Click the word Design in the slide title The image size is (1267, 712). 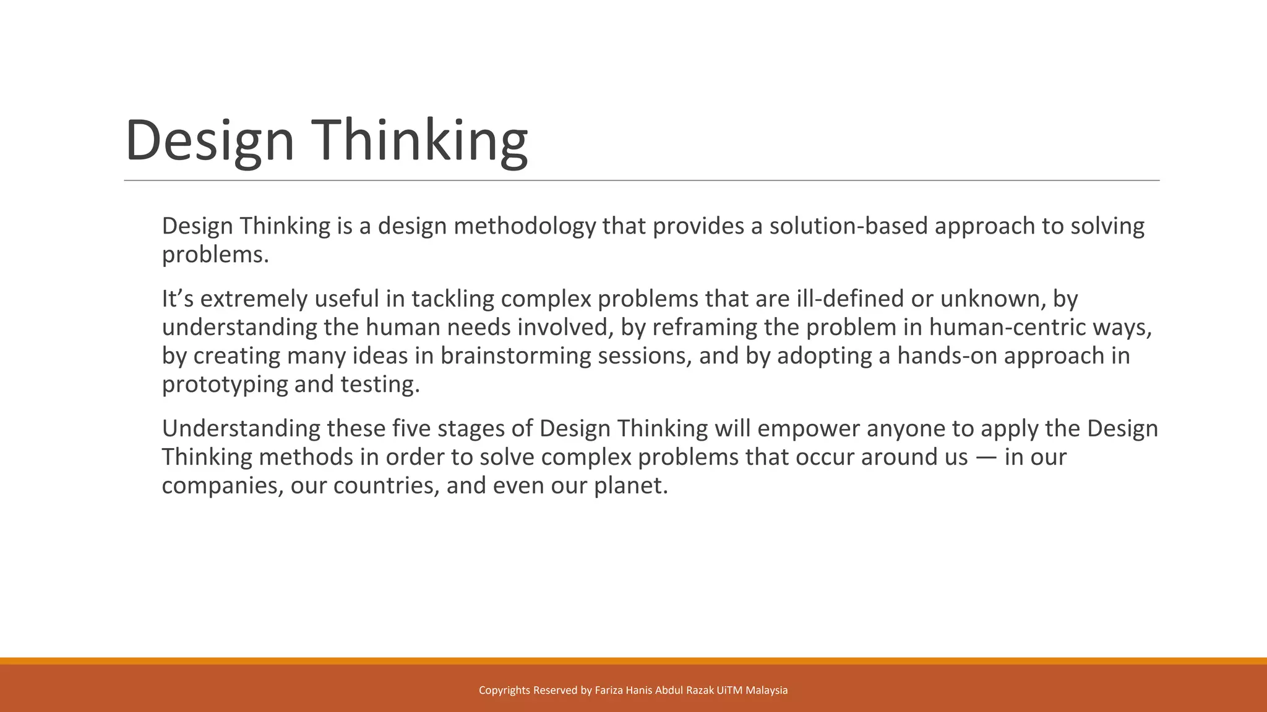209,141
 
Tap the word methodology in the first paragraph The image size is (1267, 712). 525,226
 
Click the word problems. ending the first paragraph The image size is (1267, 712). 215,255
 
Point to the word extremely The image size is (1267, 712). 254,299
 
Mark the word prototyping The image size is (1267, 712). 225,384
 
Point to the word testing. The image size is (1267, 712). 380,384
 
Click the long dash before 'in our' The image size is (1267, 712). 986,457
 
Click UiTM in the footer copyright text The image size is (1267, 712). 729,690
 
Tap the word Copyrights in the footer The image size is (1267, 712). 504,690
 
